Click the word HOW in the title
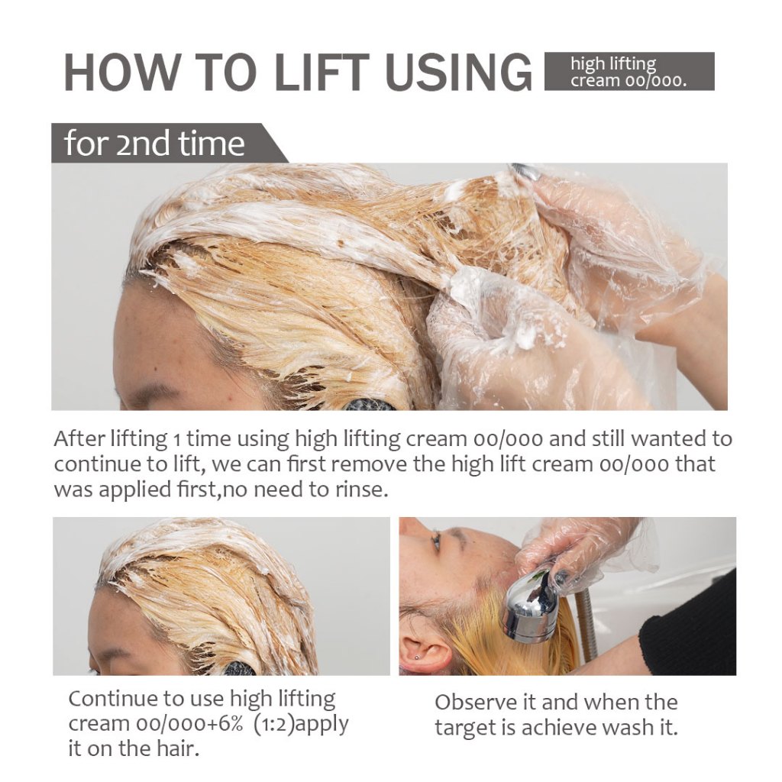[121, 72]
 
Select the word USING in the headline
[458, 72]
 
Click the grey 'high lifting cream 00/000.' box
[629, 71]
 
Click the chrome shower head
[532, 606]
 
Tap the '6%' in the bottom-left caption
[228, 724]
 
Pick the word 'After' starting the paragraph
[79, 439]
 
